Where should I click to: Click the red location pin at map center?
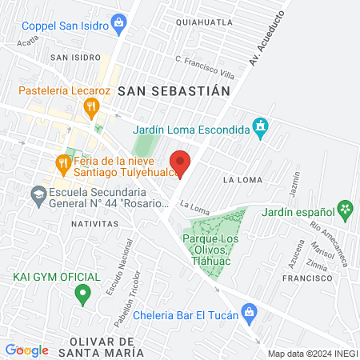click(181, 162)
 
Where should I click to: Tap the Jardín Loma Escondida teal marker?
click(259, 126)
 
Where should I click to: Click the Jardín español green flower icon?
click(345, 211)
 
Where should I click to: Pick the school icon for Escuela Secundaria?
click(37, 194)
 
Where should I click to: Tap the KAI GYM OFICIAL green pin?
click(82, 295)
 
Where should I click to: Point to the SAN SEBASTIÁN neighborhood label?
click(174, 91)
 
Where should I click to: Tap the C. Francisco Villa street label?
click(205, 66)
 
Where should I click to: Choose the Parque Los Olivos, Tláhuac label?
click(218, 248)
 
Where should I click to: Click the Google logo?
click(26, 350)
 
